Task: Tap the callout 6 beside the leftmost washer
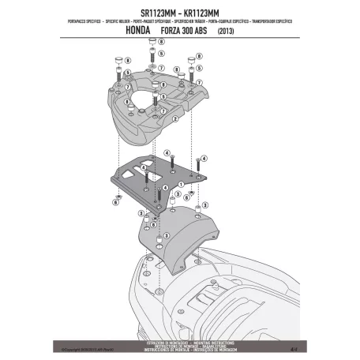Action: pyautogui.click(x=116, y=202)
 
